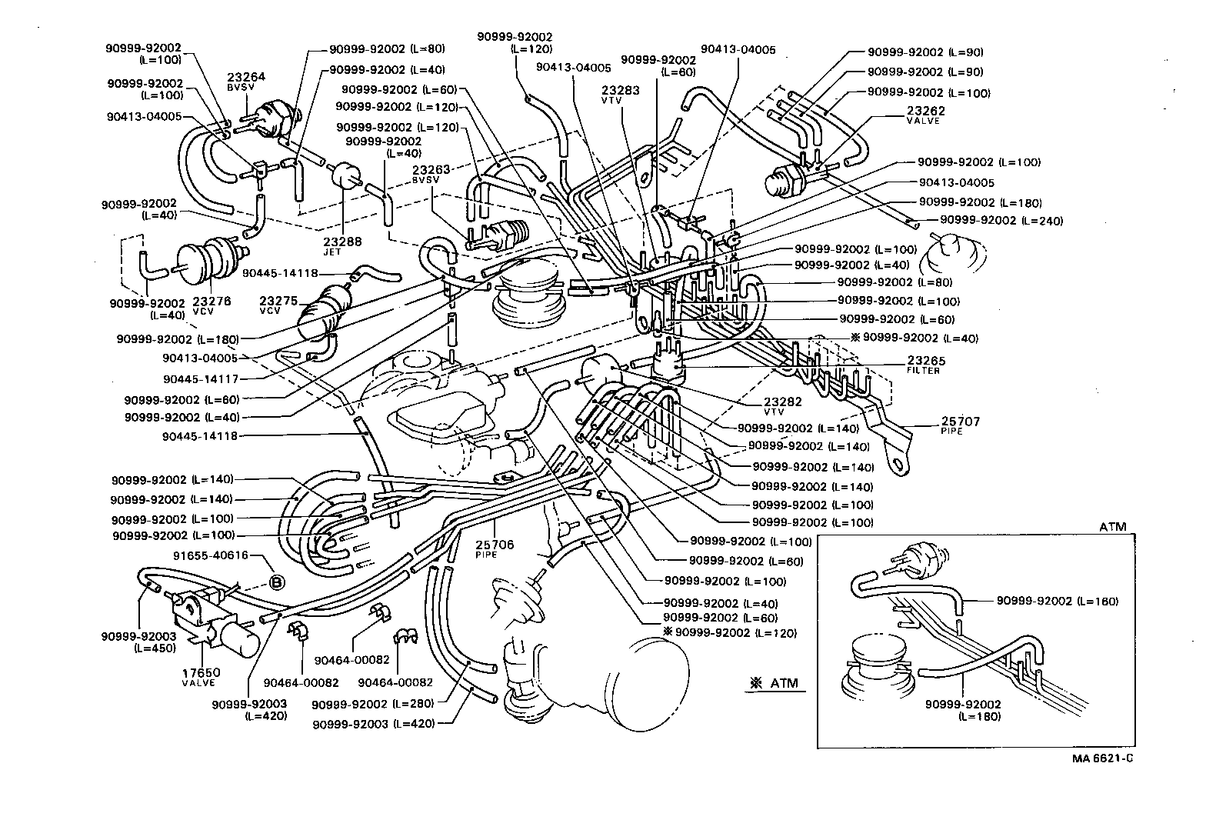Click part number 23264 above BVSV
(x=246, y=76)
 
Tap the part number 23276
(x=212, y=302)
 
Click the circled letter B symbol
(x=275, y=582)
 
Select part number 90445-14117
(x=200, y=378)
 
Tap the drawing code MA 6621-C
(x=1104, y=757)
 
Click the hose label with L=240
(x=1002, y=221)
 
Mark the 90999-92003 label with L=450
(x=139, y=642)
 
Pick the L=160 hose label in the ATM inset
(x=1058, y=601)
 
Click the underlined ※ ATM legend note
(x=775, y=683)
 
